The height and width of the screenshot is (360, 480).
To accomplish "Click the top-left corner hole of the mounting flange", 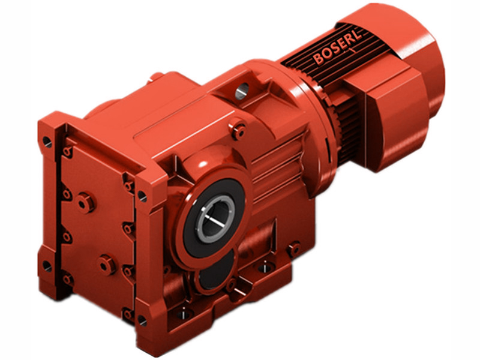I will (x=47, y=142).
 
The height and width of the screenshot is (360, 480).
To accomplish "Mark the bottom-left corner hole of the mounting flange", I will (x=47, y=264).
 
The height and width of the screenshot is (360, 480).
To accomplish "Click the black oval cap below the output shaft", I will (x=210, y=277).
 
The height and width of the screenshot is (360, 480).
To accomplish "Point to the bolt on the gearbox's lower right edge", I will (x=293, y=248).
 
